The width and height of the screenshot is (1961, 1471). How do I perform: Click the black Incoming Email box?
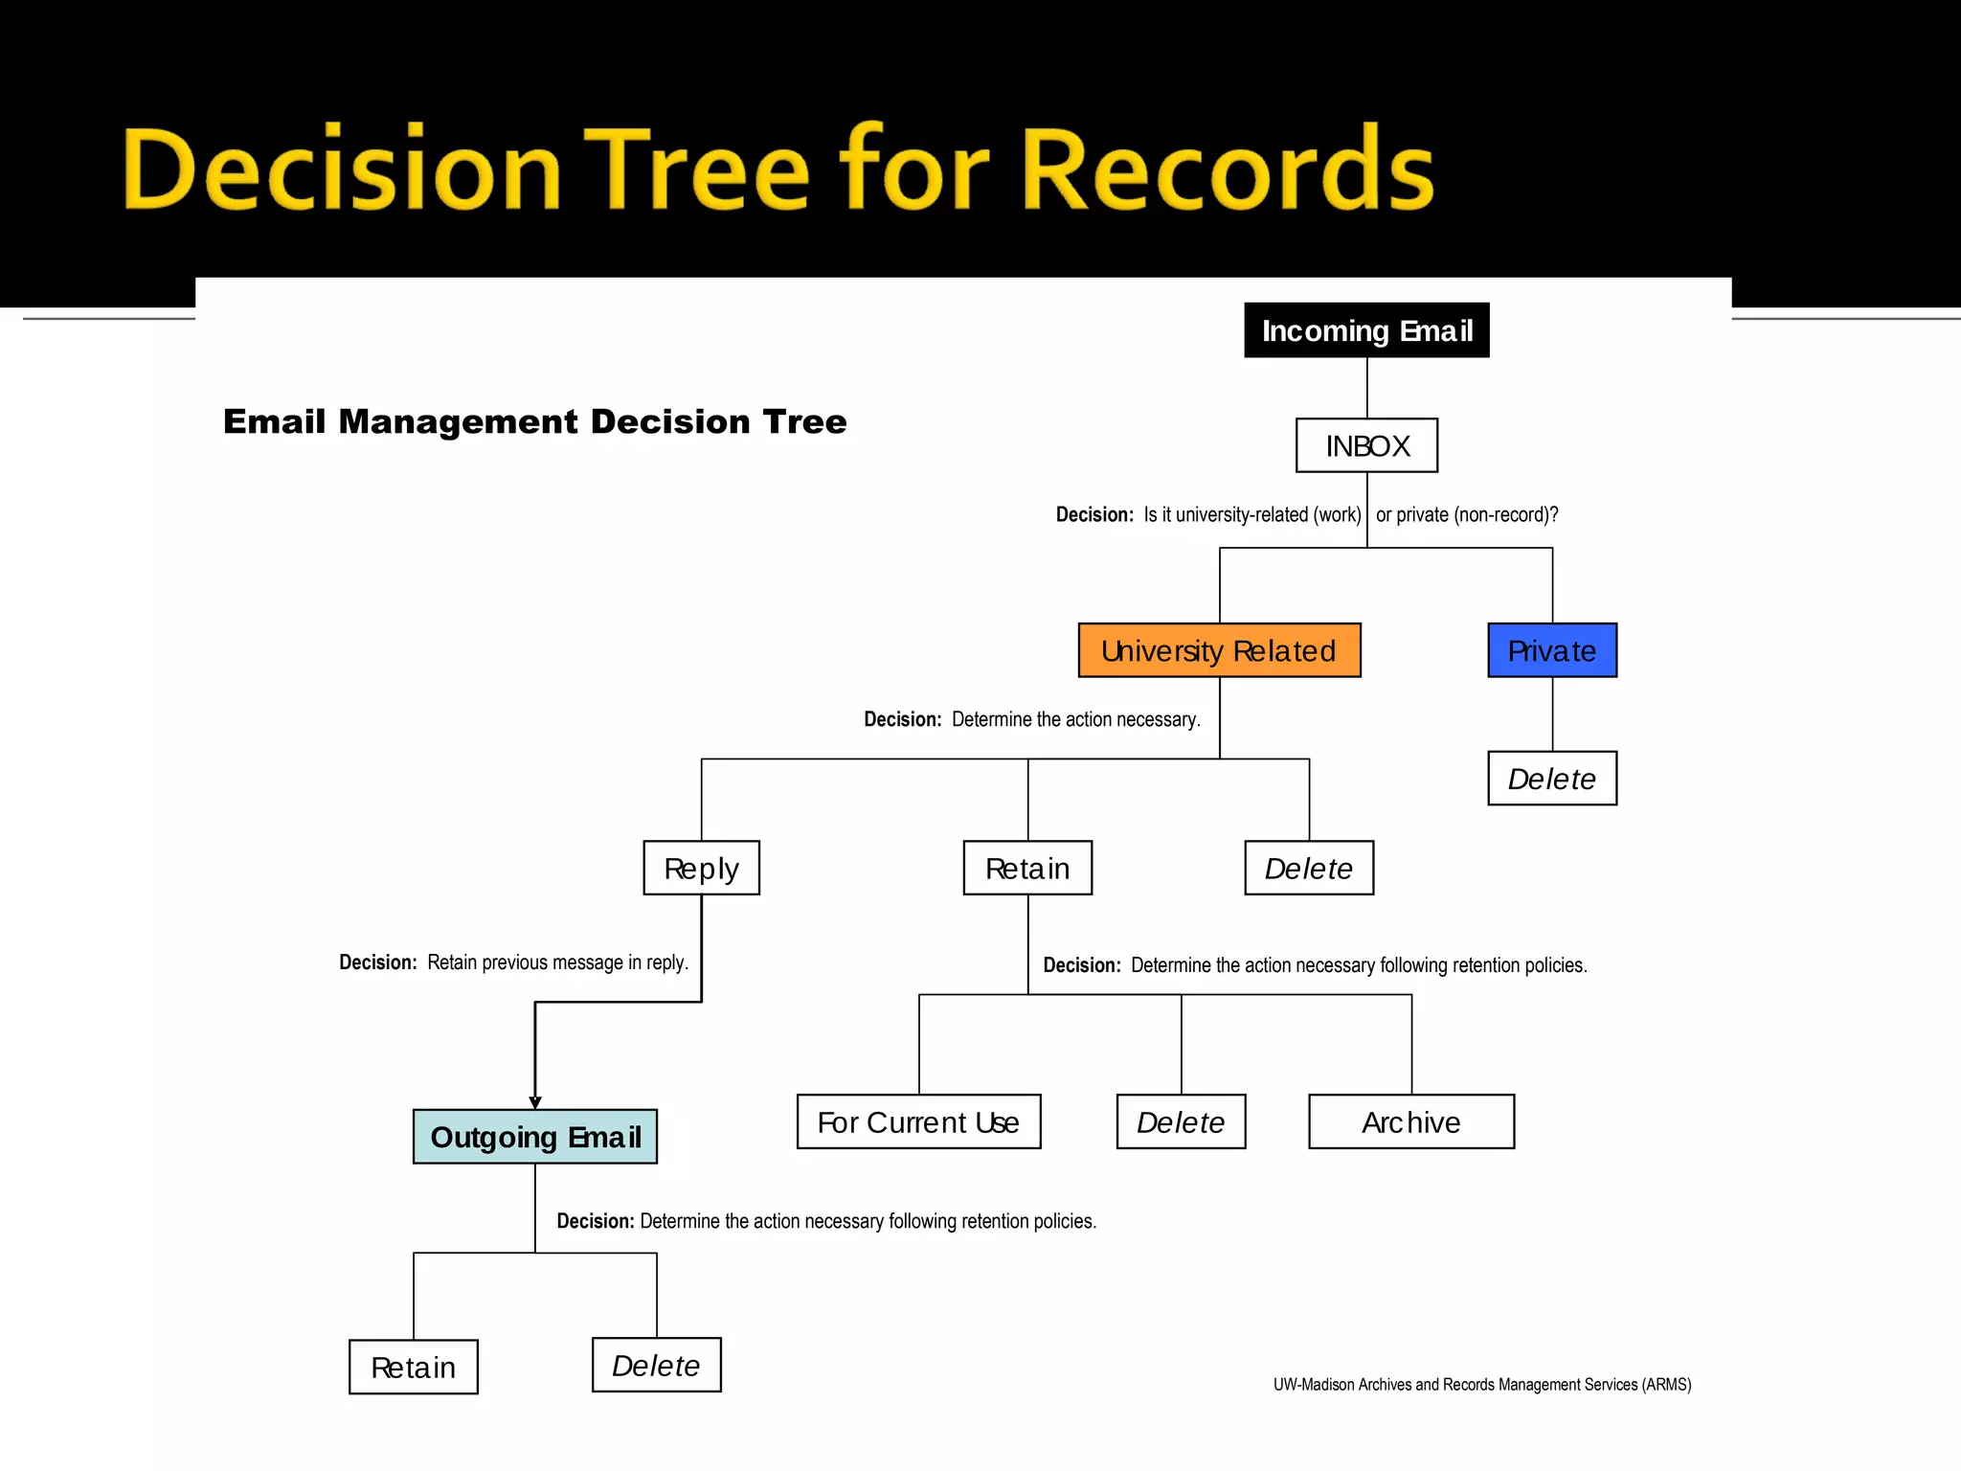[1366, 330]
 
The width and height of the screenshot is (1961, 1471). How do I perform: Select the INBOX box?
[1366, 445]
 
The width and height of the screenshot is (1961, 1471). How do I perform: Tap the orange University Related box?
[1219, 650]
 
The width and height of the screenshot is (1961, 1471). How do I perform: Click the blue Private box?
[1552, 650]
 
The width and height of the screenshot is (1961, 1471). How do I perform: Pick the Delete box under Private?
[1552, 779]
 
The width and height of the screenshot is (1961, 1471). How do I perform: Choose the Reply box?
[701, 868]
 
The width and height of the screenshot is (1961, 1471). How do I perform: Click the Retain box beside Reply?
[1027, 868]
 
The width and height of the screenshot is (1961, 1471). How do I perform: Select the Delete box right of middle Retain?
[1309, 868]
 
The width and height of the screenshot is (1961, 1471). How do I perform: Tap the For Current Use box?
[918, 1121]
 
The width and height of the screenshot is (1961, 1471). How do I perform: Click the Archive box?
[1411, 1121]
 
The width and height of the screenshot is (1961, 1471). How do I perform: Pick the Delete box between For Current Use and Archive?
[1181, 1121]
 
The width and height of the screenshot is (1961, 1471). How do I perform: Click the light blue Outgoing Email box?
[535, 1137]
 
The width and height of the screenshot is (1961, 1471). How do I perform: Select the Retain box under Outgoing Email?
[413, 1367]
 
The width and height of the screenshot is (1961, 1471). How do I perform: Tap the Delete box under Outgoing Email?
[656, 1365]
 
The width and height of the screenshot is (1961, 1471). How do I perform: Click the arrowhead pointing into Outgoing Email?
[535, 1103]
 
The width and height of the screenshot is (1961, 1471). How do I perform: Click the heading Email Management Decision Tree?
[534, 421]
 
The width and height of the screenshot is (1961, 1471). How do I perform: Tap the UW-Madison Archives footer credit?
[1481, 1385]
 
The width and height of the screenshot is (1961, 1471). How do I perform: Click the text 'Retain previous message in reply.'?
[557, 962]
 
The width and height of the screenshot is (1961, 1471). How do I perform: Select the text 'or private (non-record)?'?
[1467, 515]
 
